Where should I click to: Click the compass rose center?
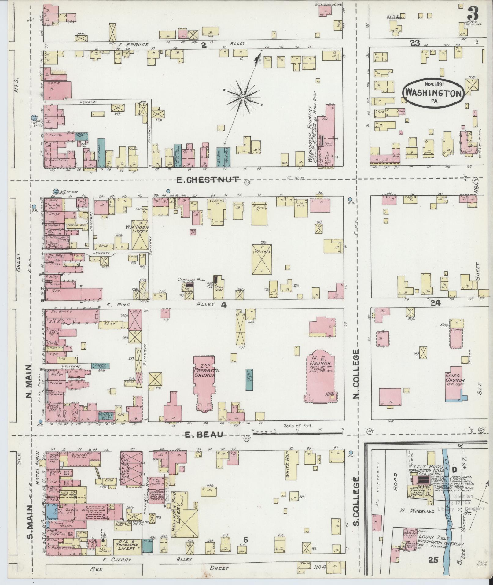[243, 98]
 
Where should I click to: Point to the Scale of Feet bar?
[297, 433]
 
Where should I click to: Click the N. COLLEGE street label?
[356, 375]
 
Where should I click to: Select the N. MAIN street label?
[28, 382]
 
